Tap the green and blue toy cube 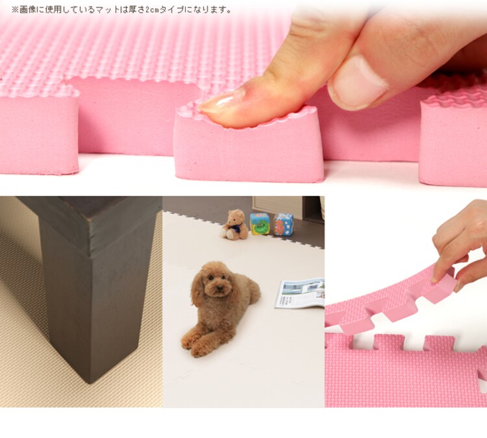point(260,223)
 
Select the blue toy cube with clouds point(283,225)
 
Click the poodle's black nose point(219,288)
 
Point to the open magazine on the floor point(299,293)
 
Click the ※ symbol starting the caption point(15,10)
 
